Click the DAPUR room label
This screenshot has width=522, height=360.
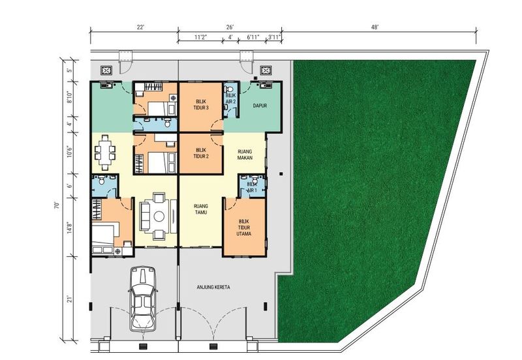260,106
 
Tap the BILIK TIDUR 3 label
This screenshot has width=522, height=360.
201,104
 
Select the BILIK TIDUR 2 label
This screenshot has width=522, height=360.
201,153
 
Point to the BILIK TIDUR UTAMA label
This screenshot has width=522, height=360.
244,228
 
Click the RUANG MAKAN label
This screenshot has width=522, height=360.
245,155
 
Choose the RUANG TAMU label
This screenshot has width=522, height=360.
201,209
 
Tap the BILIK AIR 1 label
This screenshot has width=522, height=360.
253,187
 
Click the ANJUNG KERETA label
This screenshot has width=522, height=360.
213,287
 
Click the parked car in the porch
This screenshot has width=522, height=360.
143,299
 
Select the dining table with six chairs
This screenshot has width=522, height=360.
105,153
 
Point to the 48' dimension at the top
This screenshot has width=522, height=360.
375,27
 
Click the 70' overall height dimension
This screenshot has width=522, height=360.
57,205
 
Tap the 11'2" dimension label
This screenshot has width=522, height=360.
201,37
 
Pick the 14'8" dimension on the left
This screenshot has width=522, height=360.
70,228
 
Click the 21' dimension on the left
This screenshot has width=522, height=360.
70,299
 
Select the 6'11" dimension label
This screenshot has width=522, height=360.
253,37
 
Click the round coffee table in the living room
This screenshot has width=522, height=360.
159,217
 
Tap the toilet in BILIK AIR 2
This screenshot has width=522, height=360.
229,90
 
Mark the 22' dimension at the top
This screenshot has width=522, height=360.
140,27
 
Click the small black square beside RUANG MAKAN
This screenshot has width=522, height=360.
281,173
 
